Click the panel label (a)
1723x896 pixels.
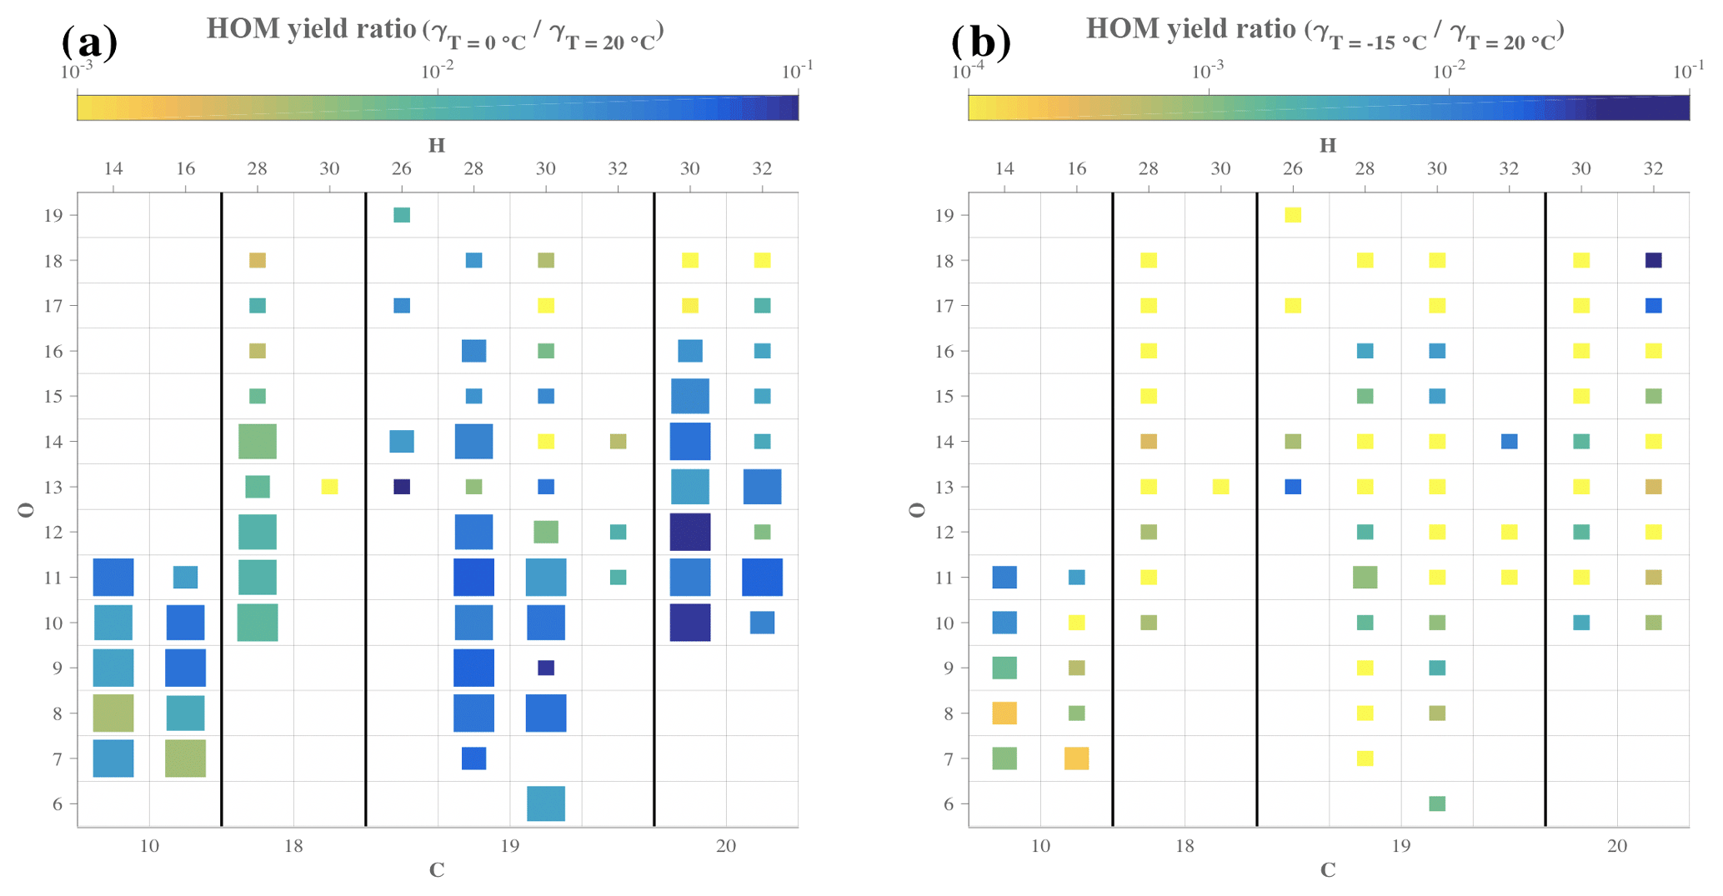[x=89, y=42]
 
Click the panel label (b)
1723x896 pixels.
[x=980, y=42]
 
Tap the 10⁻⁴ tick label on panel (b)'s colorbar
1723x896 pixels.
[x=967, y=73]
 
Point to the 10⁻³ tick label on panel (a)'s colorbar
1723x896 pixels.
[x=77, y=73]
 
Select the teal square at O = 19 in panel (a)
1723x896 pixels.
[x=402, y=215]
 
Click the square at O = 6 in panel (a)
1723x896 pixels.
[x=546, y=803]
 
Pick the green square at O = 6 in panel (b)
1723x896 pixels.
[x=1437, y=803]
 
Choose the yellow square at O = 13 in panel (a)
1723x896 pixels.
[x=329, y=487]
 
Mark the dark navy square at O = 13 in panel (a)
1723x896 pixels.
[x=402, y=487]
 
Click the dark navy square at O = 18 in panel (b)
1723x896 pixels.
[x=1654, y=260]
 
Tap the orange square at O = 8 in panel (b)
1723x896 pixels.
[x=1004, y=713]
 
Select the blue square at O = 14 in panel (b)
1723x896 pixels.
[x=1510, y=442]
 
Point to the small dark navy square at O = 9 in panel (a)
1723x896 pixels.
[x=546, y=668]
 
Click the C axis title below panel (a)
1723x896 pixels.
[x=437, y=871]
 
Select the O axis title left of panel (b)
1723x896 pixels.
[x=917, y=510]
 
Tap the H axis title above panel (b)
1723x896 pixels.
[x=1328, y=146]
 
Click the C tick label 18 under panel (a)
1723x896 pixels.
[x=293, y=847]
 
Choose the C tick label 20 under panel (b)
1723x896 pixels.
[x=1617, y=847]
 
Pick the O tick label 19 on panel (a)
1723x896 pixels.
[x=53, y=216]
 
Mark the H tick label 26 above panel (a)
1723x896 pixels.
[x=402, y=169]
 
